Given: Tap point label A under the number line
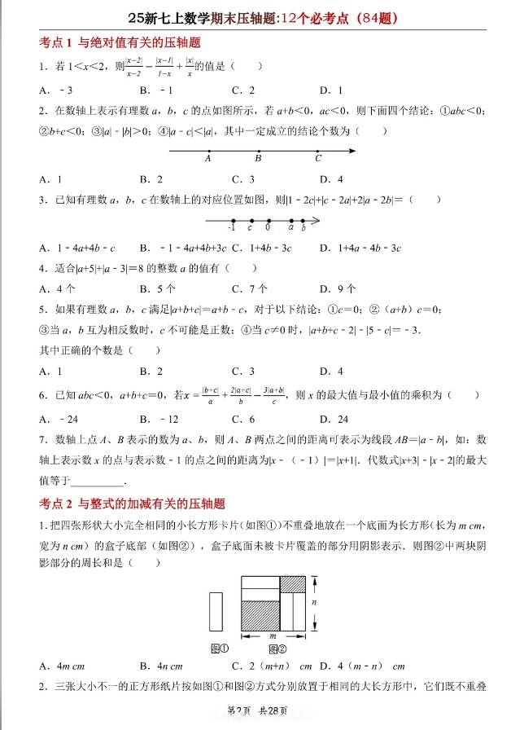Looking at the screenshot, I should pos(208,160).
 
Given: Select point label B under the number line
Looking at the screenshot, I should pos(258,160).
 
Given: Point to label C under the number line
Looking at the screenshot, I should pos(318,160).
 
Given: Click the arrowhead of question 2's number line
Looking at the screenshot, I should pos(354,150).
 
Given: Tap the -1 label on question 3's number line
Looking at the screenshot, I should pos(231,228).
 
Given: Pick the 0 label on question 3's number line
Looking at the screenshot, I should pos(267,228).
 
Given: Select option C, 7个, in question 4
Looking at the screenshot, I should pos(249,288).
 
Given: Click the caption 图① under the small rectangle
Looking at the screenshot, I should pos(219,649).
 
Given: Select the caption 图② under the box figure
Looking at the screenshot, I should pos(277,649).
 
